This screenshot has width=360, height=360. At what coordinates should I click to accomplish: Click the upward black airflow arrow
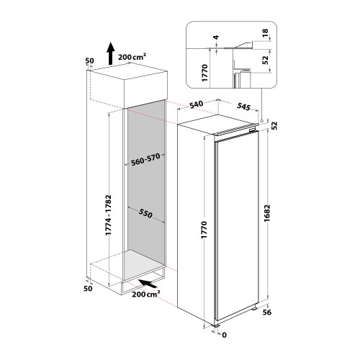point(110,53)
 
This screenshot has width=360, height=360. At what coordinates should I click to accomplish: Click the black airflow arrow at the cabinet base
point(148,284)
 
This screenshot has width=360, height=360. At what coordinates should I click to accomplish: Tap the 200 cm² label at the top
point(132,57)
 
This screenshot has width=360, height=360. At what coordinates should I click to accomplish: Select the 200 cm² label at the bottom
point(146,294)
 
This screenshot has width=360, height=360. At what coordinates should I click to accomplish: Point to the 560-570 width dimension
point(145,160)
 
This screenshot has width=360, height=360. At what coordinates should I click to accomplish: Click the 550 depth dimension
point(145,213)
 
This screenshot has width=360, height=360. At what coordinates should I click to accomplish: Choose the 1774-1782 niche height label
point(109,215)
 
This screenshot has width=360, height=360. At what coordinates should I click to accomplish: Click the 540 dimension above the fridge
point(197,104)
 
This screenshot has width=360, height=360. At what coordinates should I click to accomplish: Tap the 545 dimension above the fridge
point(243,107)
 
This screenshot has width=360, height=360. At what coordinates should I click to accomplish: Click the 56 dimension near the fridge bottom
point(266,312)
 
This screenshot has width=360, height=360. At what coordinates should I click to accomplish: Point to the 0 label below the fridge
point(224,335)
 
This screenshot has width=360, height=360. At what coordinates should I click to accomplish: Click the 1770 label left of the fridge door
point(204,230)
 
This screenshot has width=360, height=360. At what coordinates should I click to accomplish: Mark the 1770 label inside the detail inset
point(204,73)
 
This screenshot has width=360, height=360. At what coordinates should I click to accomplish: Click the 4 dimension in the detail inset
point(216,37)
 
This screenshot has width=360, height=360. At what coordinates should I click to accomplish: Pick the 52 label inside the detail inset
point(265,60)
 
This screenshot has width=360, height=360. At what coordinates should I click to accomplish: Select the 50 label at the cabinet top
point(89,60)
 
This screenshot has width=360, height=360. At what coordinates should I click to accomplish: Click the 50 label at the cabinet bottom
point(88,288)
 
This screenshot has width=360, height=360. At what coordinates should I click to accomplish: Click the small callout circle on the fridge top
point(261,121)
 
